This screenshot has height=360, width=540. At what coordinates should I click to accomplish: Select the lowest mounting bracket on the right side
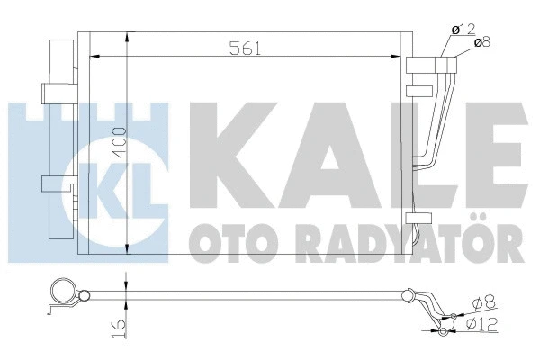coord(419,218)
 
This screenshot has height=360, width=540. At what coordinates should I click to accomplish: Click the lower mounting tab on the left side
coord(48,184)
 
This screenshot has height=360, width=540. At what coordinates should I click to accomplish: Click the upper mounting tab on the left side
coord(47,92)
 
